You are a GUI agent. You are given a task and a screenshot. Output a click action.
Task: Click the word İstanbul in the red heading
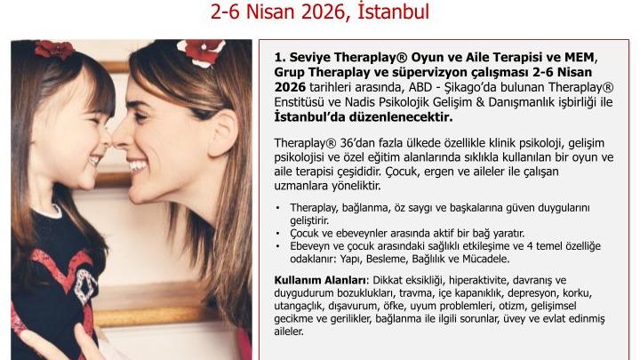pyautogui.click(x=393, y=11)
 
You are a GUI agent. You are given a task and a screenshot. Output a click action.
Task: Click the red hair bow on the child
pyautogui.click(x=54, y=49)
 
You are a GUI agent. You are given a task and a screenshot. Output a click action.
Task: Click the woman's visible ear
pyautogui.click(x=222, y=132)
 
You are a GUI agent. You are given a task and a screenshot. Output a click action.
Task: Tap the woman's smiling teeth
pyautogui.click(x=138, y=165)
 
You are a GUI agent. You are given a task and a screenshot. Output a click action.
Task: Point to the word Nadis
pyautogui.click(x=360, y=101)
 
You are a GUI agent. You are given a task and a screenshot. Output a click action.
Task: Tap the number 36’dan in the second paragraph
pyautogui.click(x=361, y=143)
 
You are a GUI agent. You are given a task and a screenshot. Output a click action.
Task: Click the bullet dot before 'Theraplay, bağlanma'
pyautogui.click(x=278, y=208)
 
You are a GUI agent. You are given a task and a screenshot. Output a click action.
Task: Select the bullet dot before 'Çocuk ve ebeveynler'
pyautogui.click(x=278, y=234)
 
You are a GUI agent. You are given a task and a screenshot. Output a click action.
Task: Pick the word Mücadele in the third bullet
pyautogui.click(x=488, y=259)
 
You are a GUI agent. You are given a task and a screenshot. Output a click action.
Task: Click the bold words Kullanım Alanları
pyautogui.click(x=320, y=280)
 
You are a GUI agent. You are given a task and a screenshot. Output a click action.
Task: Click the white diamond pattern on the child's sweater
pyautogui.click(x=86, y=284)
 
